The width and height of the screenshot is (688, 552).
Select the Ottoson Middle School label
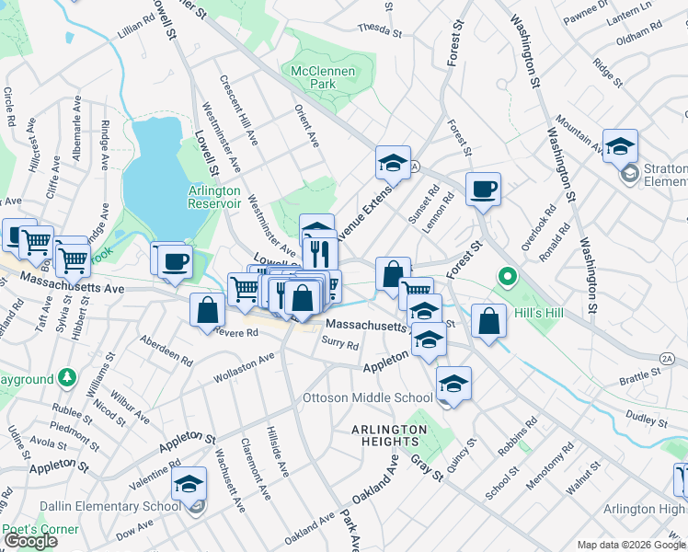(x=368, y=398)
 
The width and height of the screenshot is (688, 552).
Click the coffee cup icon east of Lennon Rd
(x=483, y=190)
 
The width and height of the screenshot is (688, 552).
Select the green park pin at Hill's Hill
(x=505, y=276)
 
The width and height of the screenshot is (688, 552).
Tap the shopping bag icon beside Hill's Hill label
(x=489, y=322)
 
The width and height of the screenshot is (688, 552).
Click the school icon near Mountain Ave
(x=621, y=146)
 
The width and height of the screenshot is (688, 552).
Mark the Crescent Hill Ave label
(x=238, y=109)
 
